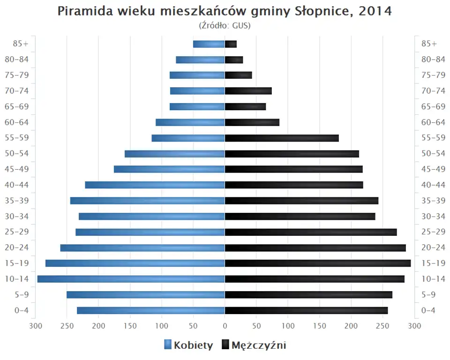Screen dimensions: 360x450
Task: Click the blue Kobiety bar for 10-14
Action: pyautogui.click(x=131, y=279)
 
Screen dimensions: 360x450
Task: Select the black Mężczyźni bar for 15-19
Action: pyautogui.click(x=318, y=263)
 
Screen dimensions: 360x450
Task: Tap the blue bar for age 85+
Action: pyautogui.click(x=209, y=44)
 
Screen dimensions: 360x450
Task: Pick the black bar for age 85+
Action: pyautogui.click(x=231, y=44)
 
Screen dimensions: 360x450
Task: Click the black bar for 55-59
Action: pyautogui.click(x=282, y=138)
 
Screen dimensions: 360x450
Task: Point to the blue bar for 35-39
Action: pyautogui.click(x=148, y=201)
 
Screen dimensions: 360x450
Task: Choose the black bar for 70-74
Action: pyautogui.click(x=248, y=91)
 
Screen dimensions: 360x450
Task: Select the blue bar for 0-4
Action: pyautogui.click(x=151, y=310)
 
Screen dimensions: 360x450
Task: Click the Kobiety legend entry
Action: pyautogui.click(x=188, y=345)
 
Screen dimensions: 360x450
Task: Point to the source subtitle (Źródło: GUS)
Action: pyautogui.click(x=225, y=25)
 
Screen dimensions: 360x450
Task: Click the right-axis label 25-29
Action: pyautogui.click(x=433, y=232)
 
